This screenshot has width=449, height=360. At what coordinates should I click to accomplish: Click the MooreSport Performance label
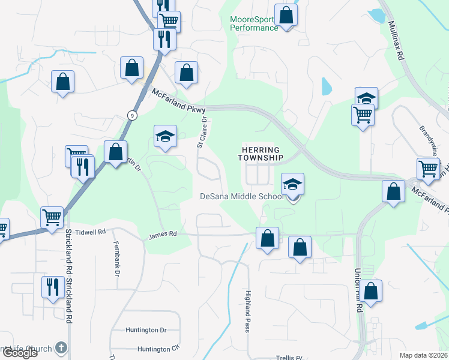[254, 23]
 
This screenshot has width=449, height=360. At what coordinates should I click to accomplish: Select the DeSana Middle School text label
[242, 197]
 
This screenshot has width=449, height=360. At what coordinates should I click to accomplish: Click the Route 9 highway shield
[131, 115]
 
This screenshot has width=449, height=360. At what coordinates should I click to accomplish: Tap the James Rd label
[163, 235]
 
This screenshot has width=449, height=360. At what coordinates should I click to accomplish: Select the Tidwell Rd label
[91, 231]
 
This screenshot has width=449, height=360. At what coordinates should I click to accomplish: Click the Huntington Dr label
[146, 330]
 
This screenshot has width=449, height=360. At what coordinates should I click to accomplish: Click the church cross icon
[61, 347]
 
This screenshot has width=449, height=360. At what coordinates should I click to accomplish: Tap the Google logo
[19, 353]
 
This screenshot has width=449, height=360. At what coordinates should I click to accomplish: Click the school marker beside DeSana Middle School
[293, 184]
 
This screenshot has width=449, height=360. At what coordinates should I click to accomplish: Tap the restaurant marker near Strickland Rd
[53, 287]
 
